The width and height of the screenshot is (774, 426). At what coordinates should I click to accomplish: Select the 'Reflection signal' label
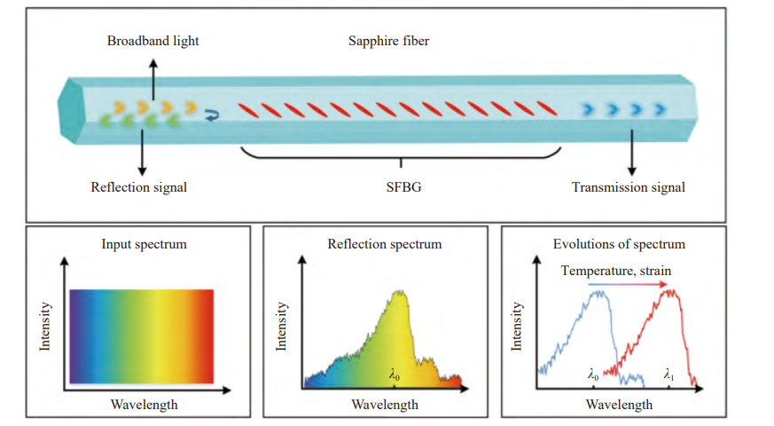(x=139, y=187)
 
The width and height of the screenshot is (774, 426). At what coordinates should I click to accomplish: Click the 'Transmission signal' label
(x=629, y=187)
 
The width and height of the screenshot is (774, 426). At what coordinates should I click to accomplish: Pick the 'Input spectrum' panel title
(x=143, y=244)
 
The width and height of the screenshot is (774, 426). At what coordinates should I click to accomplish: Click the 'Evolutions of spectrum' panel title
(x=619, y=244)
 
